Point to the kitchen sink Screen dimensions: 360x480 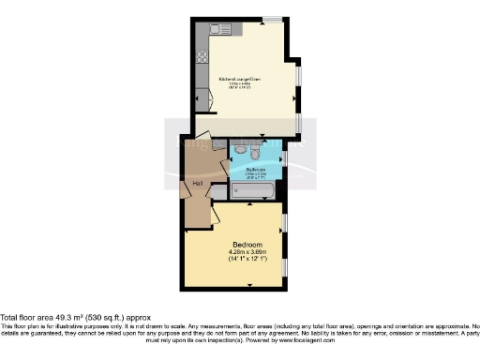coord(221,30)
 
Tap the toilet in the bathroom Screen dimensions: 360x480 coord(241,150)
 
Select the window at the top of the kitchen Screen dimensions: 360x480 coord(272,19)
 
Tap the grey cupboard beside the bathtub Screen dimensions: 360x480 coord(218,191)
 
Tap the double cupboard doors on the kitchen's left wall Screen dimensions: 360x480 coord(201,97)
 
